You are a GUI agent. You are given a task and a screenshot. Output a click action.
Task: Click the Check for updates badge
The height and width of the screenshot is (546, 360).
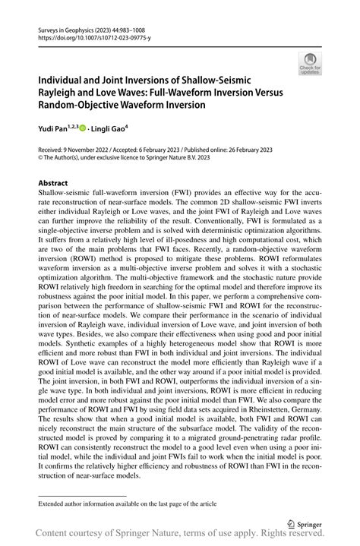(x=309, y=65)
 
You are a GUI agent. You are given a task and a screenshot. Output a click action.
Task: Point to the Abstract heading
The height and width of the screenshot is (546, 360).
(x=52, y=183)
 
